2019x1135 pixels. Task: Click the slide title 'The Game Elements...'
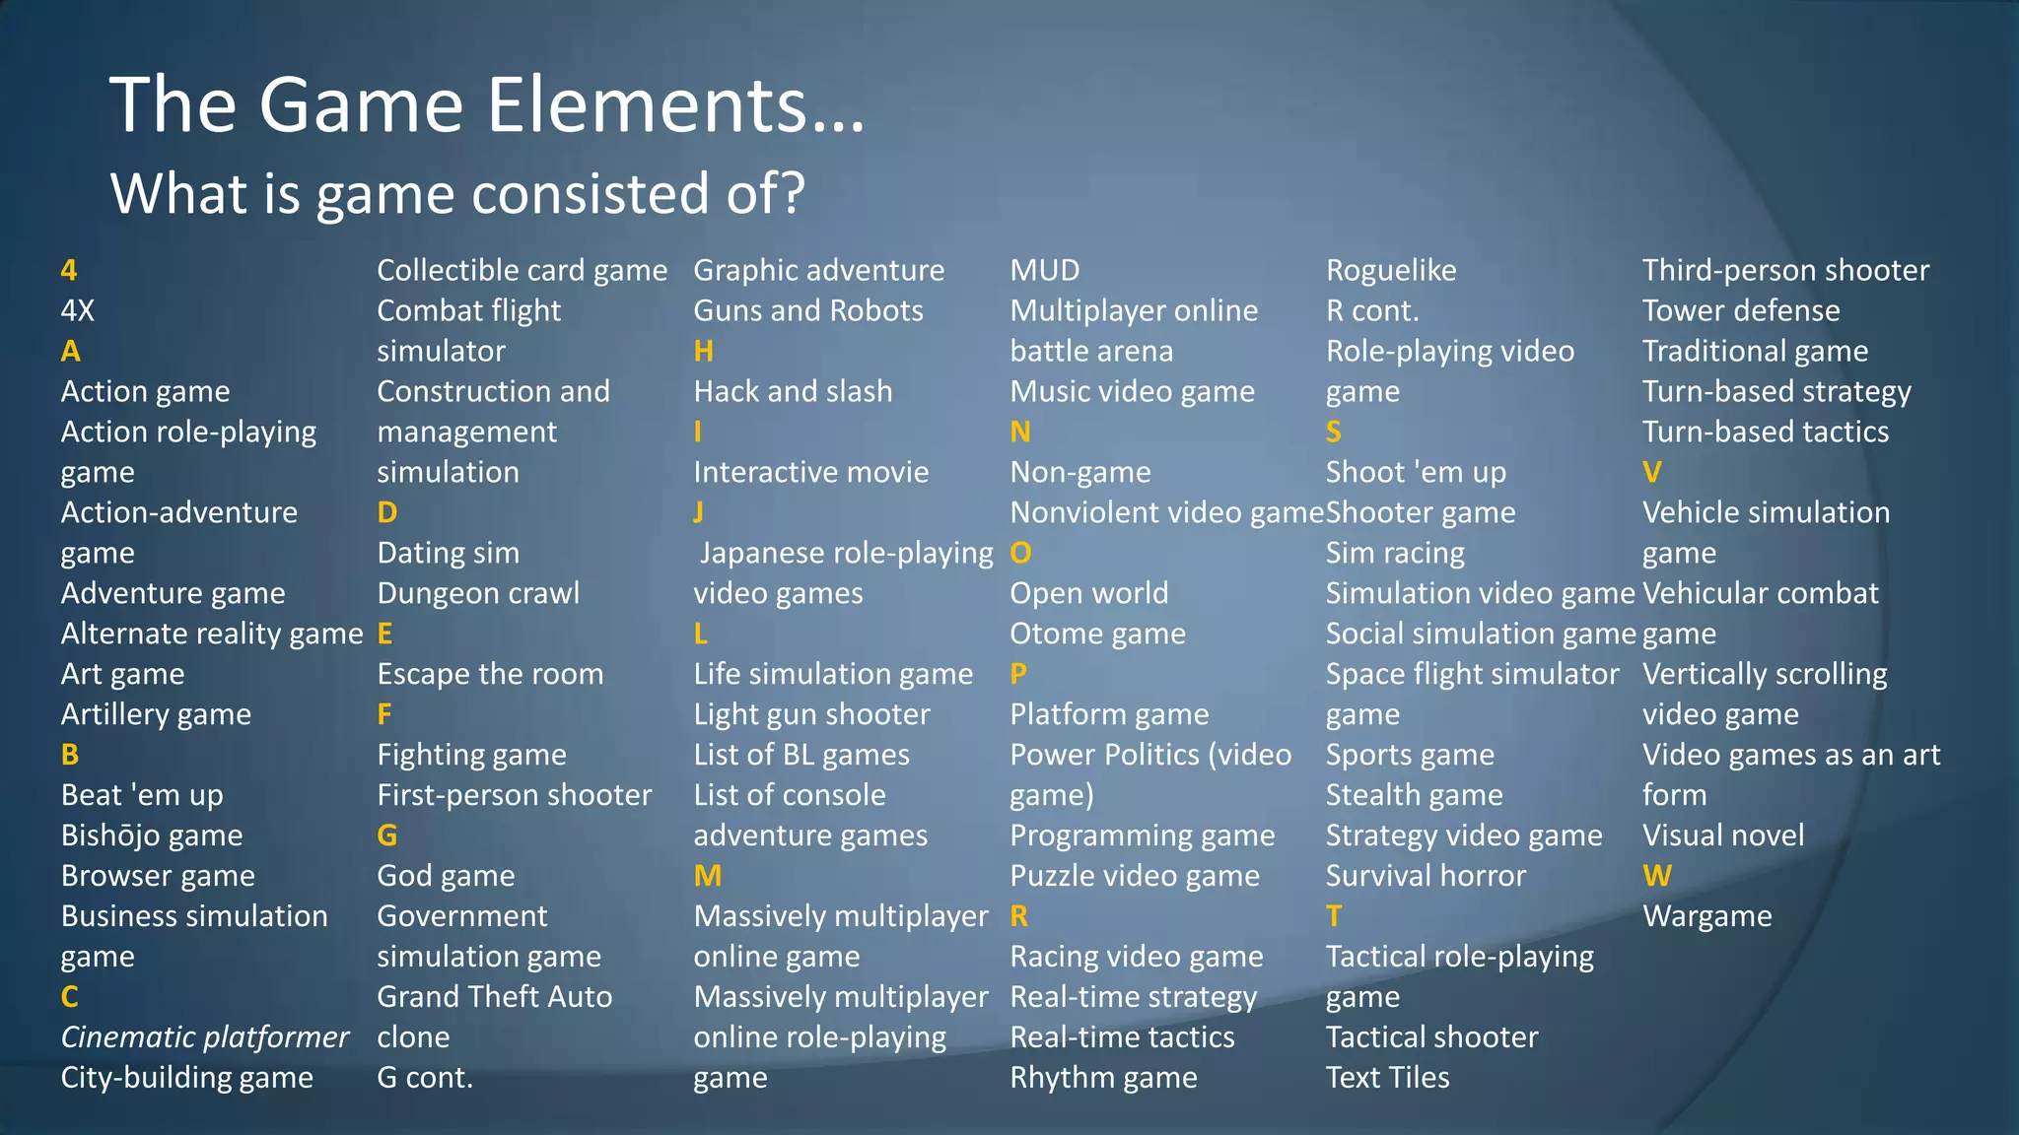(x=487, y=104)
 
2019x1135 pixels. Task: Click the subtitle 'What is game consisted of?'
(x=457, y=192)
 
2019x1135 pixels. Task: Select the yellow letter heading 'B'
(x=70, y=755)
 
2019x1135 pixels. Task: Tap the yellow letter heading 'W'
(x=1657, y=876)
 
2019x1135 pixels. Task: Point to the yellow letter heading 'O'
(x=1020, y=553)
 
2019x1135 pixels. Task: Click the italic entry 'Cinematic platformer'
(x=205, y=1037)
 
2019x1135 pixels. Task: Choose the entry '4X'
(x=78, y=310)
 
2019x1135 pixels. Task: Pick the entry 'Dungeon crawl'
(x=478, y=593)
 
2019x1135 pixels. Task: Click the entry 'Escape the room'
(x=490, y=674)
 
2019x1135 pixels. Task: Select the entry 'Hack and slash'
(x=793, y=391)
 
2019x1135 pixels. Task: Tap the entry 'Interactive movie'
(x=810, y=472)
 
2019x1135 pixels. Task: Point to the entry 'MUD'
(x=1045, y=270)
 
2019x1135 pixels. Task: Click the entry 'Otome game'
(x=1097, y=634)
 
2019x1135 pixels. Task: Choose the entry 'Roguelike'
(x=1391, y=270)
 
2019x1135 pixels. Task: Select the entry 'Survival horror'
(x=1426, y=876)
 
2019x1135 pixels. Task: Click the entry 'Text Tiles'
(x=1387, y=1078)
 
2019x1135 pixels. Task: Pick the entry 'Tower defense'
(x=1741, y=310)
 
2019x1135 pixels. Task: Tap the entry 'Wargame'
(x=1707, y=916)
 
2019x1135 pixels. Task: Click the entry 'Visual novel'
(x=1723, y=835)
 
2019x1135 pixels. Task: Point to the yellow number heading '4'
(x=69, y=270)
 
